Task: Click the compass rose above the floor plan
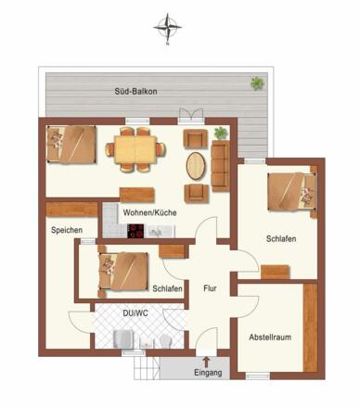click(167, 28)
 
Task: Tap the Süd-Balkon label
click(135, 92)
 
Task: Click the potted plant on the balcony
click(257, 83)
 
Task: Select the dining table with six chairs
click(135, 149)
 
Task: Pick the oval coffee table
click(196, 166)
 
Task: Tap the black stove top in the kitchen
click(135, 231)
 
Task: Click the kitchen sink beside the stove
click(161, 231)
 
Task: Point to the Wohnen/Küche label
click(149, 212)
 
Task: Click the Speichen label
click(67, 230)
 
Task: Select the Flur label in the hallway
click(210, 288)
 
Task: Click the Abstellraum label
click(270, 337)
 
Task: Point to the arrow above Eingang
click(206, 363)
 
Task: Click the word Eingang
click(208, 373)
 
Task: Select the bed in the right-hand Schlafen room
click(292, 192)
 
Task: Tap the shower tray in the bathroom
click(123, 339)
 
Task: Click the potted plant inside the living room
click(221, 133)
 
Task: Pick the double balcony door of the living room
click(190, 115)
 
